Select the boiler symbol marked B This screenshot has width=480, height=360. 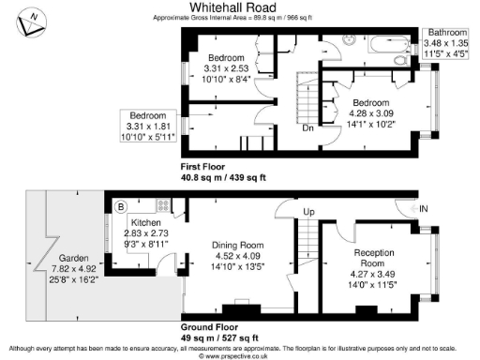pyautogui.click(x=120, y=205)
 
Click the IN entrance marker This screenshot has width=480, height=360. pyautogui.click(x=425, y=208)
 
